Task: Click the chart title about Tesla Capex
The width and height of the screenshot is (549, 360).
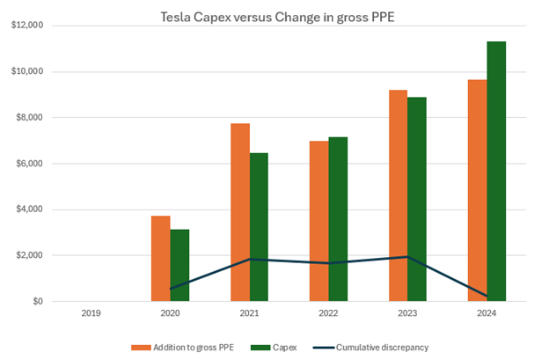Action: tap(275, 16)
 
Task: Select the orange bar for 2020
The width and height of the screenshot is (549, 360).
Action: tap(160, 258)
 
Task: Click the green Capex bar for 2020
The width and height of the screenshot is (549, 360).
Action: tap(179, 265)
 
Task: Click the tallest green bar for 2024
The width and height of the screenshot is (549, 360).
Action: tap(496, 171)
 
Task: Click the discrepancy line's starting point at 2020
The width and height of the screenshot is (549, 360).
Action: tap(170, 289)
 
